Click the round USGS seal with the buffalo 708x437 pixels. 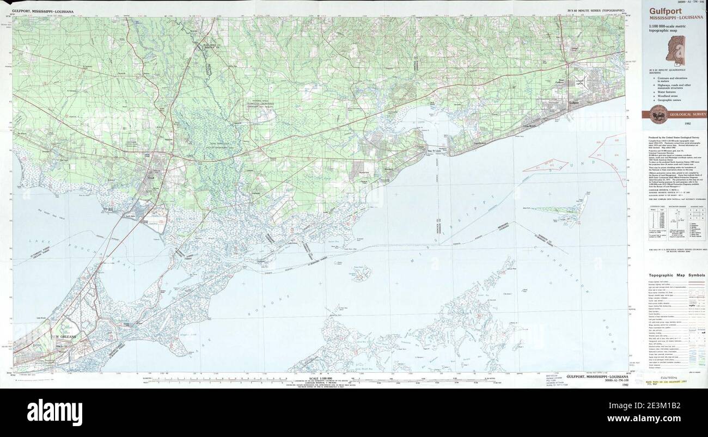click(654, 115)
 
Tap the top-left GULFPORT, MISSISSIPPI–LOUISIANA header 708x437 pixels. click(46, 11)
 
